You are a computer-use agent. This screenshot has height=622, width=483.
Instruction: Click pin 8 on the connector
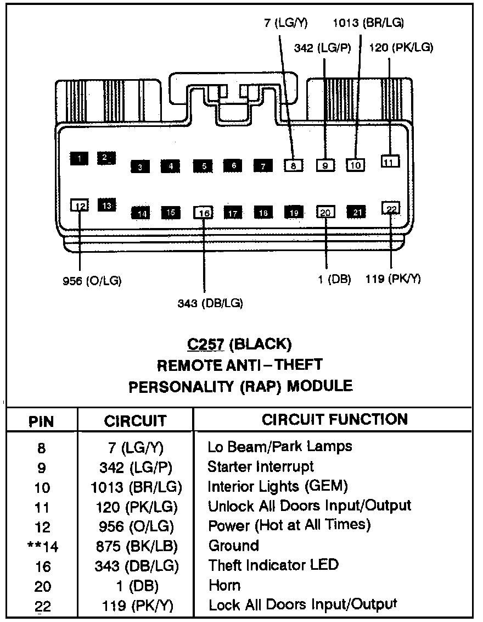[293, 165]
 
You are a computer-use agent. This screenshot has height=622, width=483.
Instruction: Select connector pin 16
[203, 213]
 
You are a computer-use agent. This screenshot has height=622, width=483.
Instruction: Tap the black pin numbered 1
[79, 159]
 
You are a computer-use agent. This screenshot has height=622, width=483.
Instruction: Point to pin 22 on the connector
[391, 208]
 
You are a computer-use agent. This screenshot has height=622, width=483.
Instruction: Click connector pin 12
[80, 206]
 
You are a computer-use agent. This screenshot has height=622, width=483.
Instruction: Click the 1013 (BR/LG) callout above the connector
[368, 23]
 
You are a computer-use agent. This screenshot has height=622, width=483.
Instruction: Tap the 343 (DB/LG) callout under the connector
[210, 303]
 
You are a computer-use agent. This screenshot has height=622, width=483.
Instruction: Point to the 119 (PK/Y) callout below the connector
[393, 279]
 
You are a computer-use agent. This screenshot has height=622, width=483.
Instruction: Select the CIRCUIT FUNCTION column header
[334, 419]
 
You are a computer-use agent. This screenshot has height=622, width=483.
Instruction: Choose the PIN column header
[41, 421]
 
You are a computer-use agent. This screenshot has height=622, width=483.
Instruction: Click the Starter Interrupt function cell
[261, 466]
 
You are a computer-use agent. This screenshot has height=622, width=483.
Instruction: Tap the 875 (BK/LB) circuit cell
[136, 546]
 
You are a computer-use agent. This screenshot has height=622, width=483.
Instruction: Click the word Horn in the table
[224, 585]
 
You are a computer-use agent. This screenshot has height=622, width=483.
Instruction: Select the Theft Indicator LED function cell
[273, 564]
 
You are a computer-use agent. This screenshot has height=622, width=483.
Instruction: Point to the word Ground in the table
[233, 546]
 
